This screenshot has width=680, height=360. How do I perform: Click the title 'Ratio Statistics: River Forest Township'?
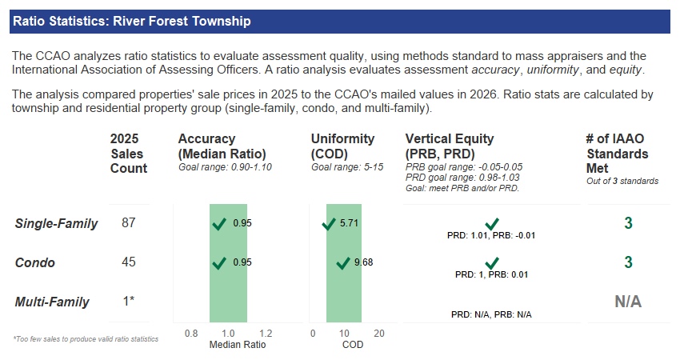click(132, 22)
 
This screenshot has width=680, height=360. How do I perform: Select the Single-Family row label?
click(56, 223)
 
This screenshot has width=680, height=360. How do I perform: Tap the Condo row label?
click(35, 262)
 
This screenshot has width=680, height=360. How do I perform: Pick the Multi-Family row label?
click(52, 302)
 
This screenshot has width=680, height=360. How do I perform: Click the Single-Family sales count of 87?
click(128, 223)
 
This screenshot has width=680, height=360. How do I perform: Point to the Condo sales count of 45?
click(128, 262)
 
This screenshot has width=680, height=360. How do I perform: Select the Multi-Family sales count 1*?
click(128, 302)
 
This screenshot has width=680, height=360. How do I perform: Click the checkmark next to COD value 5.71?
click(328, 224)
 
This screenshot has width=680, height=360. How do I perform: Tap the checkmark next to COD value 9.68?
click(343, 262)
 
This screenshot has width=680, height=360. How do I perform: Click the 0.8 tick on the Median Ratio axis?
click(191, 333)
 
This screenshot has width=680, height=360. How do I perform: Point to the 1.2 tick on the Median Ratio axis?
click(266, 333)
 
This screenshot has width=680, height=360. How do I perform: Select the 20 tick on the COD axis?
click(379, 333)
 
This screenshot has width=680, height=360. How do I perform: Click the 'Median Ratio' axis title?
click(237, 345)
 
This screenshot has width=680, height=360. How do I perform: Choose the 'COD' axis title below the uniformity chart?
click(352, 345)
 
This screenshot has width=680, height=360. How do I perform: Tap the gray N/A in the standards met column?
click(628, 302)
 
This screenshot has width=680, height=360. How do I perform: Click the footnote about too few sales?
click(86, 339)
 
